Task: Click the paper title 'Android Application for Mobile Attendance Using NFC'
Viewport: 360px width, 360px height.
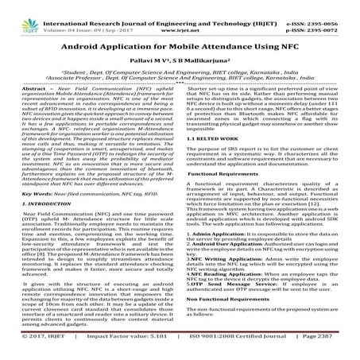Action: (x=180, y=47)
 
